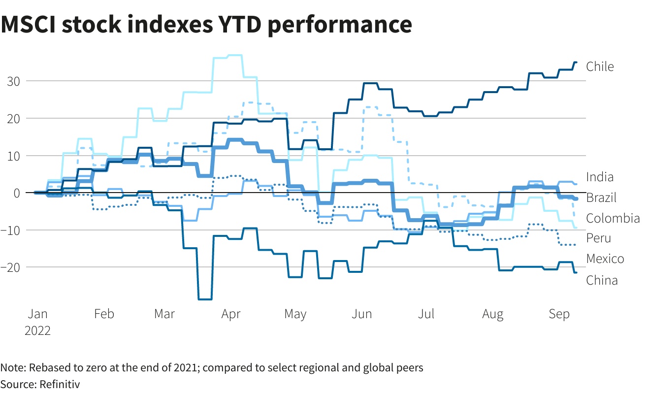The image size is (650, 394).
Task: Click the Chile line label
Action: coord(600,66)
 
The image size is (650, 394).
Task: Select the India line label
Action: coord(600,177)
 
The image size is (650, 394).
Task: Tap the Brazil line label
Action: coord(601,197)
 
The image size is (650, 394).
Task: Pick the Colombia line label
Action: coord(613,218)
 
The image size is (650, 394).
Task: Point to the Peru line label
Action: coord(598,238)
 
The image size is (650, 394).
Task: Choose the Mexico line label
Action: coord(605,259)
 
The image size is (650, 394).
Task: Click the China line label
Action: coord(602,280)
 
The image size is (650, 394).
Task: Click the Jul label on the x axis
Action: coord(427,314)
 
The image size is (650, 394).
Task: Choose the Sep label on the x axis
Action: coord(559,314)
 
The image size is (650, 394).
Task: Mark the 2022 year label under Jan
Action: coord(37,330)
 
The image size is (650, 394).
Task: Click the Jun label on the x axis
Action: coord(362,314)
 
